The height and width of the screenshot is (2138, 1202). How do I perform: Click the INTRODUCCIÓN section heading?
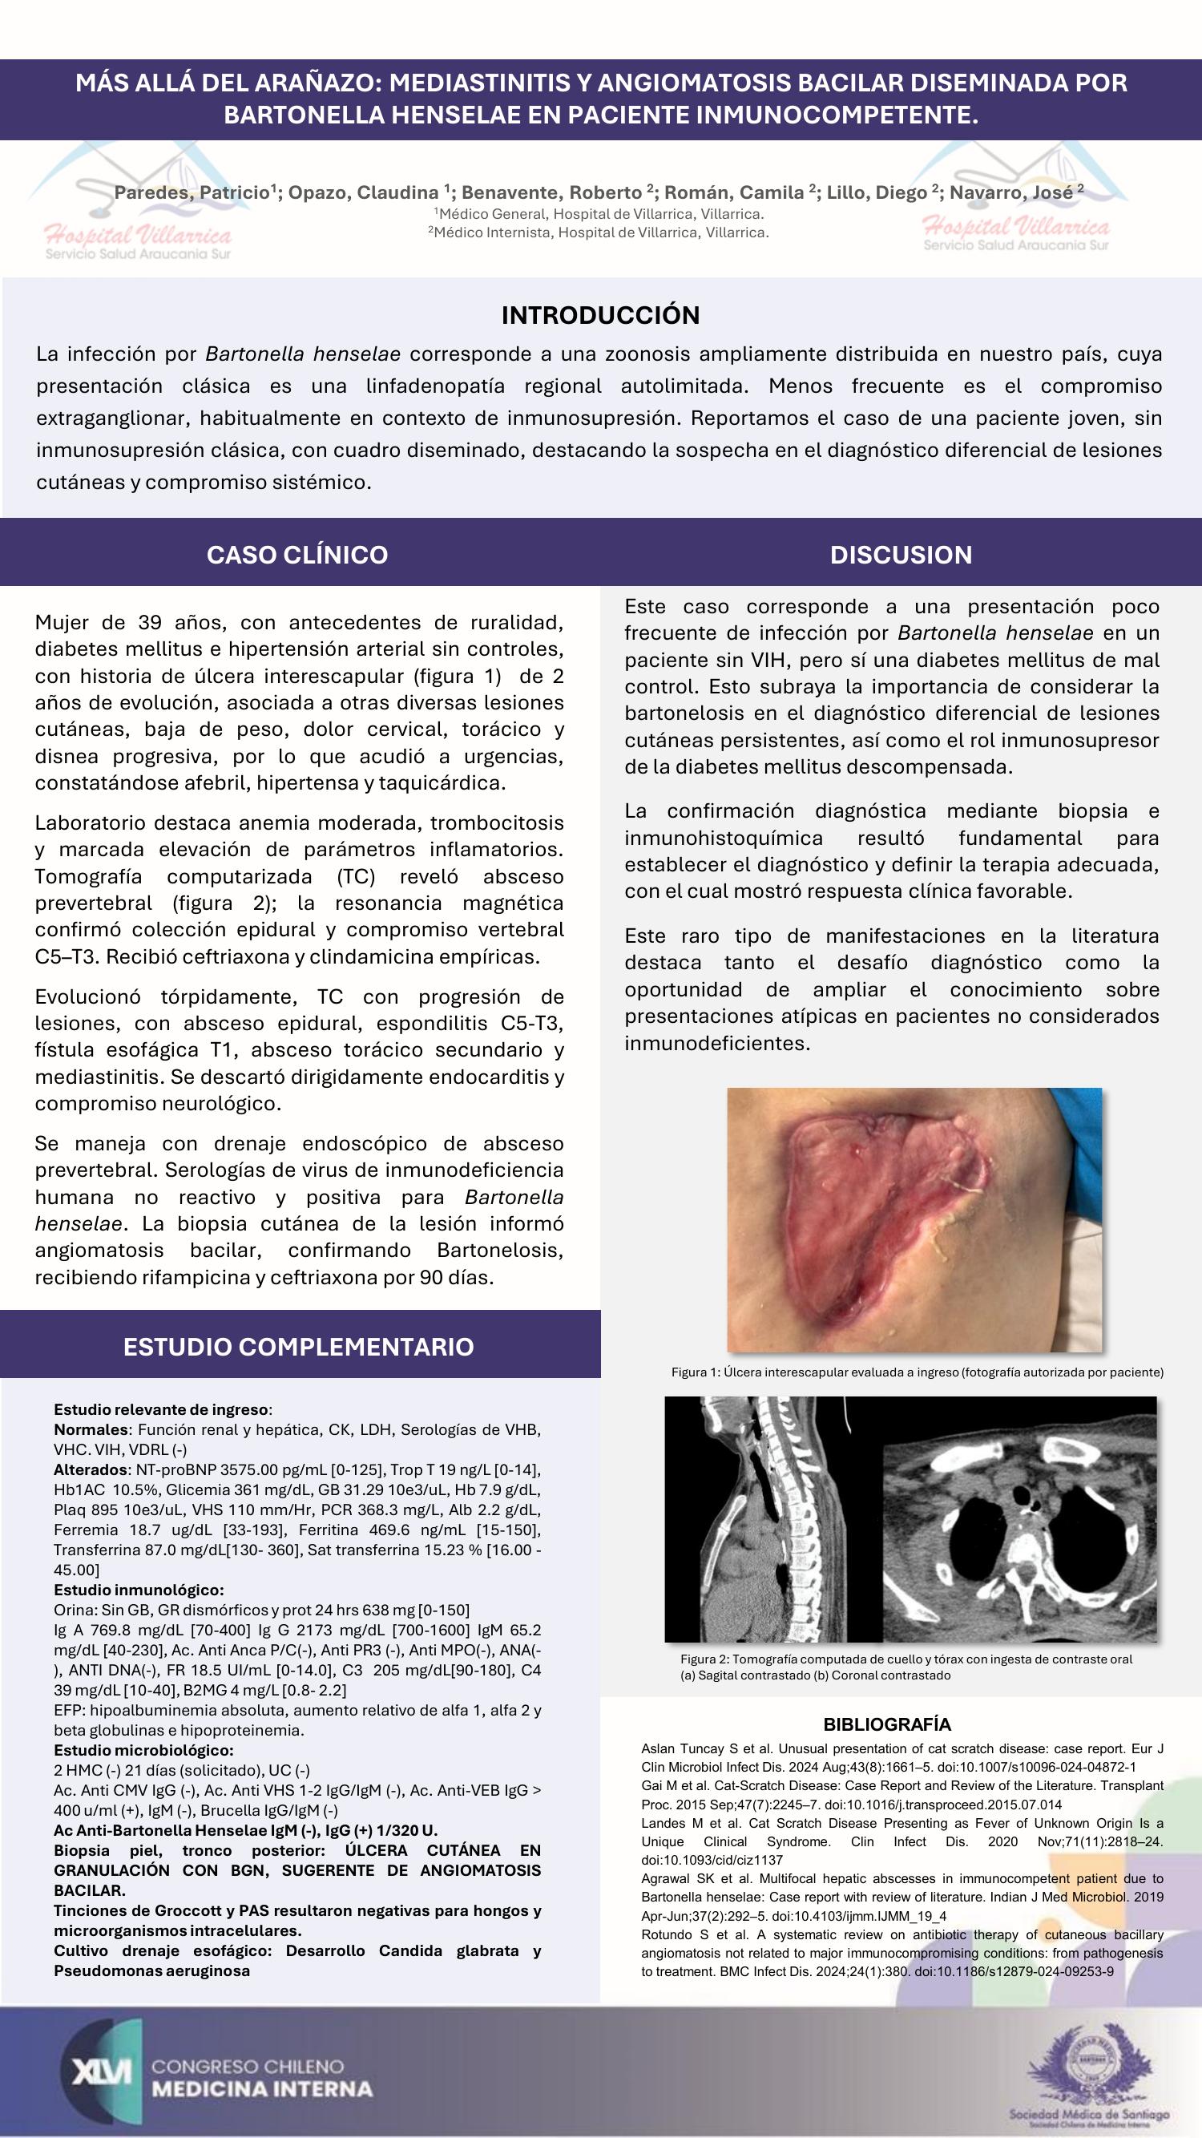coord(600,314)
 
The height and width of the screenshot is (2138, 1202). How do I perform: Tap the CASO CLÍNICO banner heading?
coord(297,555)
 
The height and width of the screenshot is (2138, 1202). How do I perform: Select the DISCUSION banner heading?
coord(901,555)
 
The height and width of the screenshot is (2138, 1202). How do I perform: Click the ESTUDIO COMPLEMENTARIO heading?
coord(299,1345)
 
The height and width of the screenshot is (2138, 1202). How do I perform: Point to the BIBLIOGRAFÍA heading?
coord(887,1724)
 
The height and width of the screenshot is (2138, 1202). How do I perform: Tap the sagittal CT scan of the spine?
coord(773,1518)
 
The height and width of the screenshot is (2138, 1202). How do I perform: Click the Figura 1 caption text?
coord(918,1372)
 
